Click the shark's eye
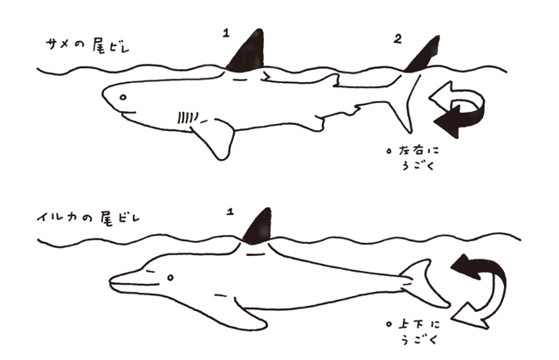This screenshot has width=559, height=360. coord(123,97)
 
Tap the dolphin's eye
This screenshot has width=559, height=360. coord(170,277)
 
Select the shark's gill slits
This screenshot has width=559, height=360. coord(188,117)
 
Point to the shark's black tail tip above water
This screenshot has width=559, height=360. coord(424,54)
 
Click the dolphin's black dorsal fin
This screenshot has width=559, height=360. coord(259,226)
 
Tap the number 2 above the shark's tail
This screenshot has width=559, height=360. coord(398,38)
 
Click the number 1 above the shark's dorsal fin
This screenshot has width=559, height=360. coord(226,33)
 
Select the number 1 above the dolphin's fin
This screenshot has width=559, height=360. coord(231,211)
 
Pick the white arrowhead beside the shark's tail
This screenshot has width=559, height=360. coord(441,95)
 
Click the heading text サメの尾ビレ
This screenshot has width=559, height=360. coord(87,46)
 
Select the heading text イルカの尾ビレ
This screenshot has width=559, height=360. coord(88,218)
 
